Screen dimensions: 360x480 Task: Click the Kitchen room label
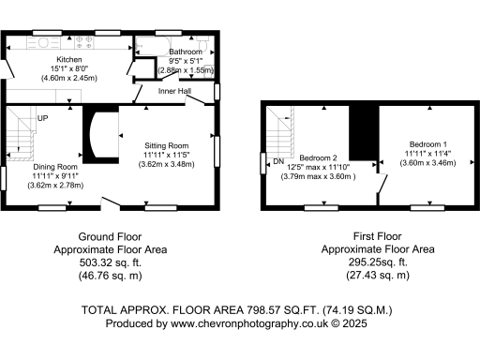67,58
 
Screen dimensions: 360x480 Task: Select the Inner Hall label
174,91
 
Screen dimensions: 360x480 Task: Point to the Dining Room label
59,164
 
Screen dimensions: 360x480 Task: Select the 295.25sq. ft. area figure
378,263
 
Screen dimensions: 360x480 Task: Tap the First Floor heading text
378,237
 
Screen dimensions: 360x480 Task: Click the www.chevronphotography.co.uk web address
247,322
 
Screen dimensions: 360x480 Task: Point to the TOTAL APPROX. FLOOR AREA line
239,309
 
